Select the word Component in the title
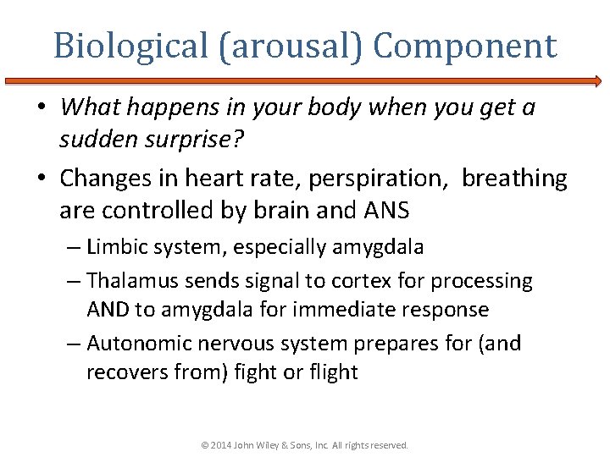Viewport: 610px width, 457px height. (x=465, y=46)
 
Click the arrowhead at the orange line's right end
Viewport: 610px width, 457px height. (x=596, y=81)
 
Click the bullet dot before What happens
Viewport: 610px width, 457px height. (x=47, y=108)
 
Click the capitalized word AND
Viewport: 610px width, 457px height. (x=108, y=309)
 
